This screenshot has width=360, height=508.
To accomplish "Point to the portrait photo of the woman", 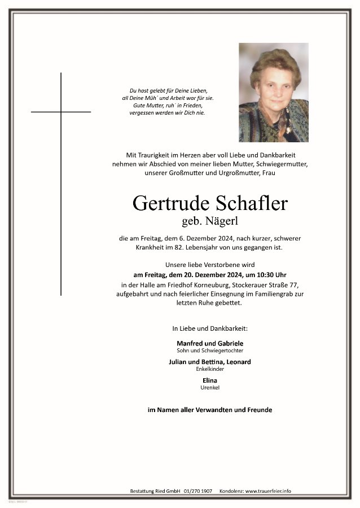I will click(273, 92).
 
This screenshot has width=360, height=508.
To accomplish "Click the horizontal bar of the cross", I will click(61, 112).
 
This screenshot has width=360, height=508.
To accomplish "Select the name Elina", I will click(209, 380).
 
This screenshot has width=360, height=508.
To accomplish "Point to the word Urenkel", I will click(209, 388).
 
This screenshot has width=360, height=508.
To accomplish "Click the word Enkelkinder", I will click(209, 369).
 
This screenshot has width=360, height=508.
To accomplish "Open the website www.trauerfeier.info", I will click(268, 491).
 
